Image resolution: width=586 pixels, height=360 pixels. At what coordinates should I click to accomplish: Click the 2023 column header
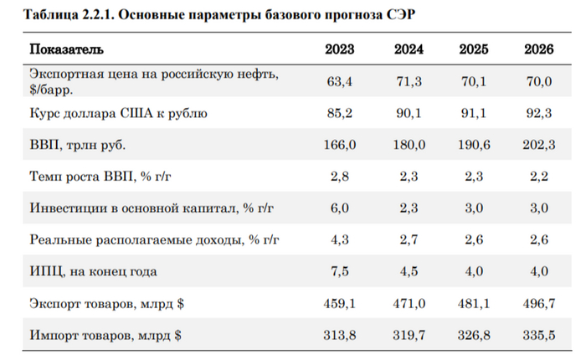(x=340, y=49)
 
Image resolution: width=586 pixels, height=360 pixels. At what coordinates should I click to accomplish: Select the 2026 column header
(x=538, y=49)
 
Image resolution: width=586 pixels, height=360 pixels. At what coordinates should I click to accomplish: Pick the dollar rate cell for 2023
(x=340, y=113)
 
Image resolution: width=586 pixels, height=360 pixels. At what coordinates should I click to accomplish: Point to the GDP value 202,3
(x=538, y=146)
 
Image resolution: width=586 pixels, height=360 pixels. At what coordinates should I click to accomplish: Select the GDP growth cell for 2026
(x=538, y=177)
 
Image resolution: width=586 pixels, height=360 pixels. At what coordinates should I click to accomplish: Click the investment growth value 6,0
(x=340, y=208)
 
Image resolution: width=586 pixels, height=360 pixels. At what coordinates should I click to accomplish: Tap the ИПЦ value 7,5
(x=340, y=271)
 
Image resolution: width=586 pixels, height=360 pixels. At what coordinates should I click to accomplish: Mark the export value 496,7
(x=538, y=304)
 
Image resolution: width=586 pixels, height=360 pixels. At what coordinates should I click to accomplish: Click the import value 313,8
(x=340, y=336)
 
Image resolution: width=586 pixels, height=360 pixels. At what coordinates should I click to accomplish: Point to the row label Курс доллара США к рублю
(x=118, y=113)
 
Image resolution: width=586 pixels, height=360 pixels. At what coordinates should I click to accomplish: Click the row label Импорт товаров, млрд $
(x=106, y=336)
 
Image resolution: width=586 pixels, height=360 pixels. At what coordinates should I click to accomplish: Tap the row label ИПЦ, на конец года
(x=93, y=271)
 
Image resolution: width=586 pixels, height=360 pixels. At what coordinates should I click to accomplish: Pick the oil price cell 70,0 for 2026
(x=538, y=80)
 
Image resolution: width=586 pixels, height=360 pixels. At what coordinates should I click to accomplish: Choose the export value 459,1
(x=340, y=304)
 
